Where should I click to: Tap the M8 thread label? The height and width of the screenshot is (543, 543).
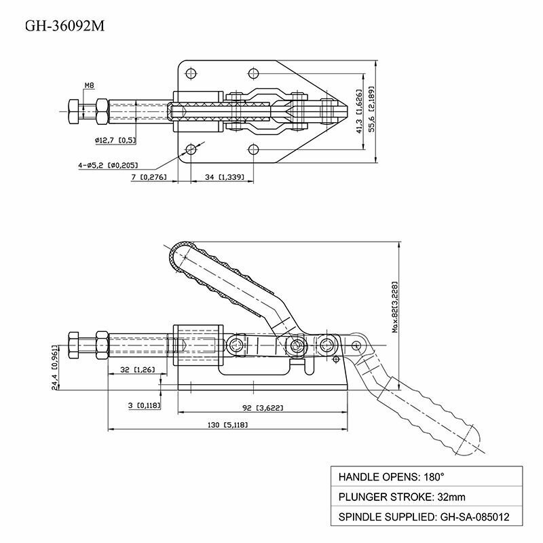coord(89,86)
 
